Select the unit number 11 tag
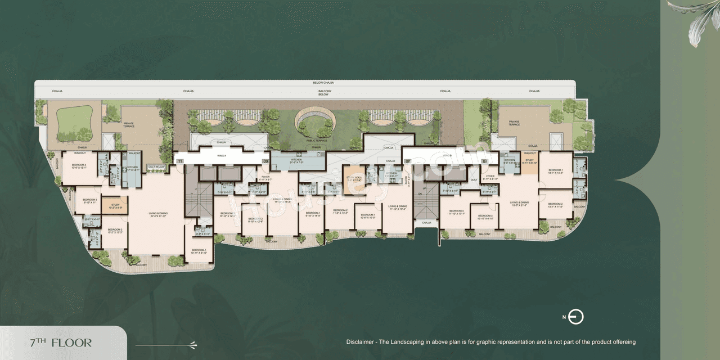[180, 161]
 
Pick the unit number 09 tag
[266, 161]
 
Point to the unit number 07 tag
[484, 161]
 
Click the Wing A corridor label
[221, 155]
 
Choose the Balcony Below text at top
[323, 93]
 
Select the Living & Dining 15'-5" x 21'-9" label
[519, 204]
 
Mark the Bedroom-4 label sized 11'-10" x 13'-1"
[456, 213]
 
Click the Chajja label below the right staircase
[426, 223]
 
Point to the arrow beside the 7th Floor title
[166, 344]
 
